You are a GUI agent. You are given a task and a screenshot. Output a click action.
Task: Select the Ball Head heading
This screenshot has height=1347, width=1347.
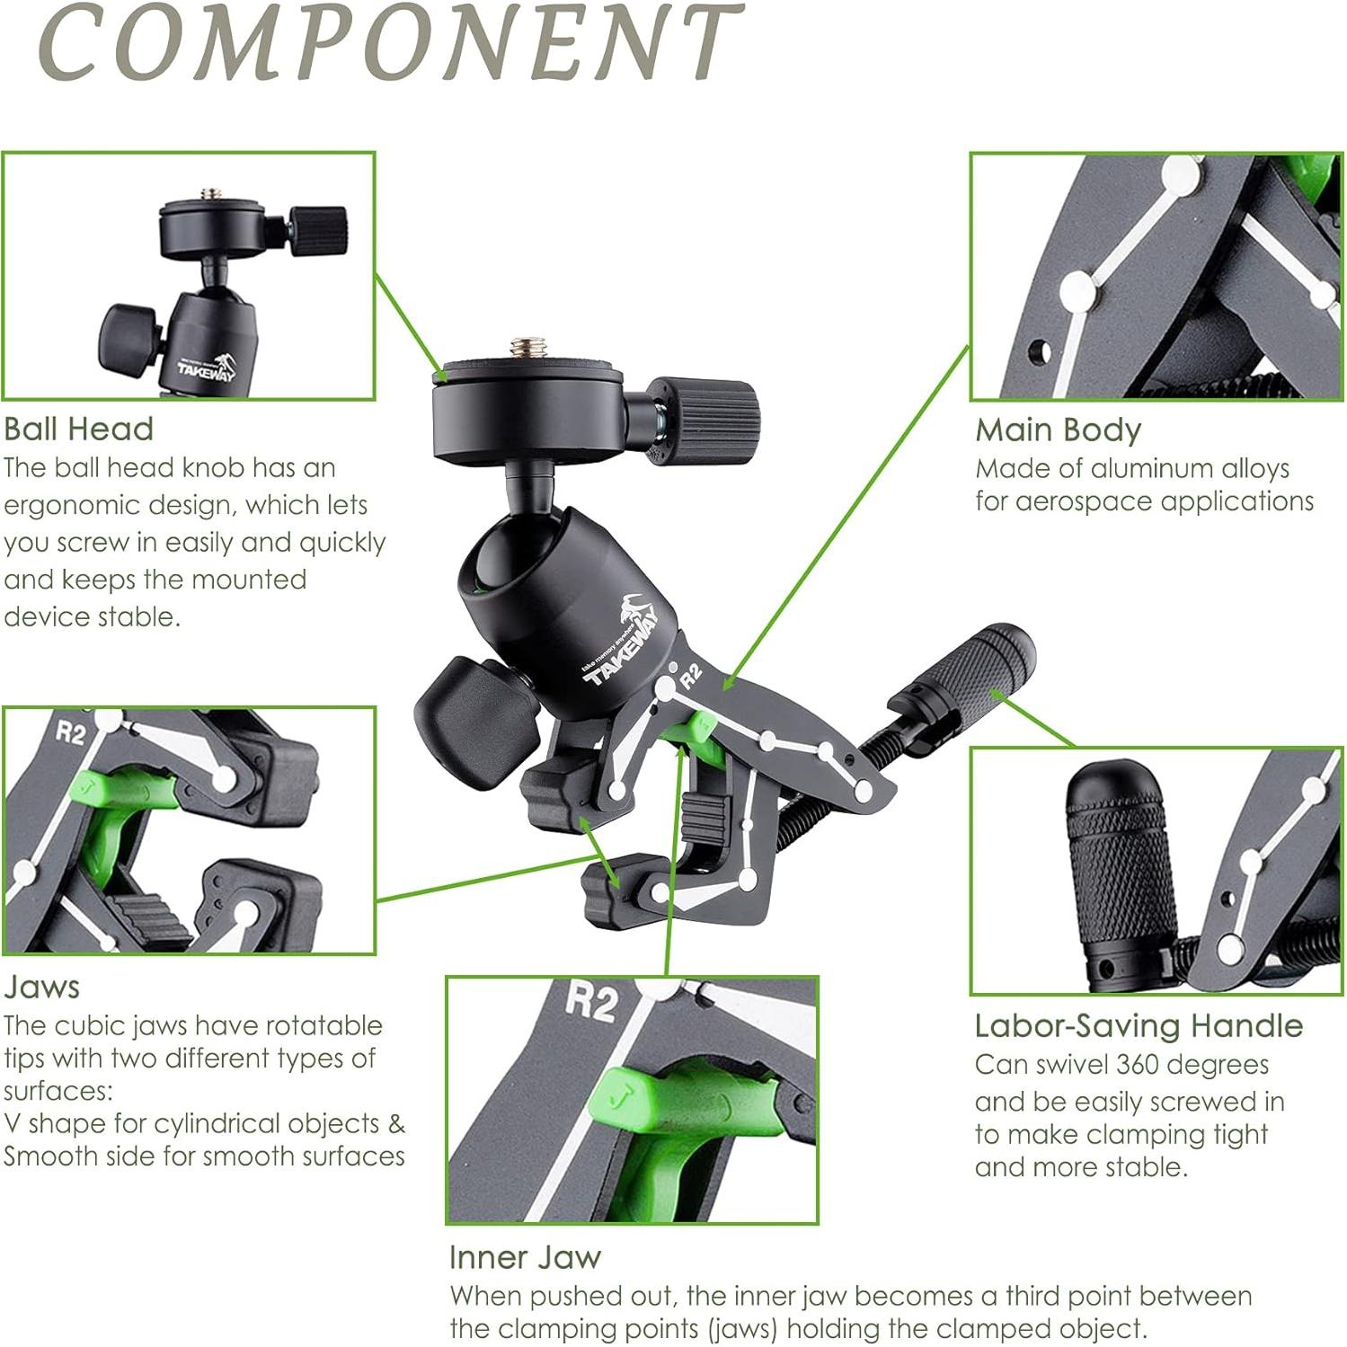(79, 429)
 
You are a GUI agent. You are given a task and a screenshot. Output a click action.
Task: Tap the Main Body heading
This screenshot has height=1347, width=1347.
(1058, 430)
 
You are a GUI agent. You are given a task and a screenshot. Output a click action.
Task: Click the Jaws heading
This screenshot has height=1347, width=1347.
(41, 987)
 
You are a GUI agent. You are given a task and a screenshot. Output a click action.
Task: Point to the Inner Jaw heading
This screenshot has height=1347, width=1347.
(525, 1257)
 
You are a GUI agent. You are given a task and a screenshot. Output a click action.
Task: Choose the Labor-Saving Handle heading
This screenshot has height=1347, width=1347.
(1139, 1026)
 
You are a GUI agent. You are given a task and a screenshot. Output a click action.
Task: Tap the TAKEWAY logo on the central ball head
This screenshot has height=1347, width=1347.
(622, 643)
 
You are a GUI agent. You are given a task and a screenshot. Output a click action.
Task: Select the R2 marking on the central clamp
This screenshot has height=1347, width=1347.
(690, 675)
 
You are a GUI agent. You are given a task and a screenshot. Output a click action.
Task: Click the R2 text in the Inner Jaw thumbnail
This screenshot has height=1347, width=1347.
(590, 1001)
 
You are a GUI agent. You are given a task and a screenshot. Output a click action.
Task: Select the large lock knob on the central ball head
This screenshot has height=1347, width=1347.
(465, 718)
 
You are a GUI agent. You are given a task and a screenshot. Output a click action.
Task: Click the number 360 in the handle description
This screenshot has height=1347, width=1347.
(1140, 1065)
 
